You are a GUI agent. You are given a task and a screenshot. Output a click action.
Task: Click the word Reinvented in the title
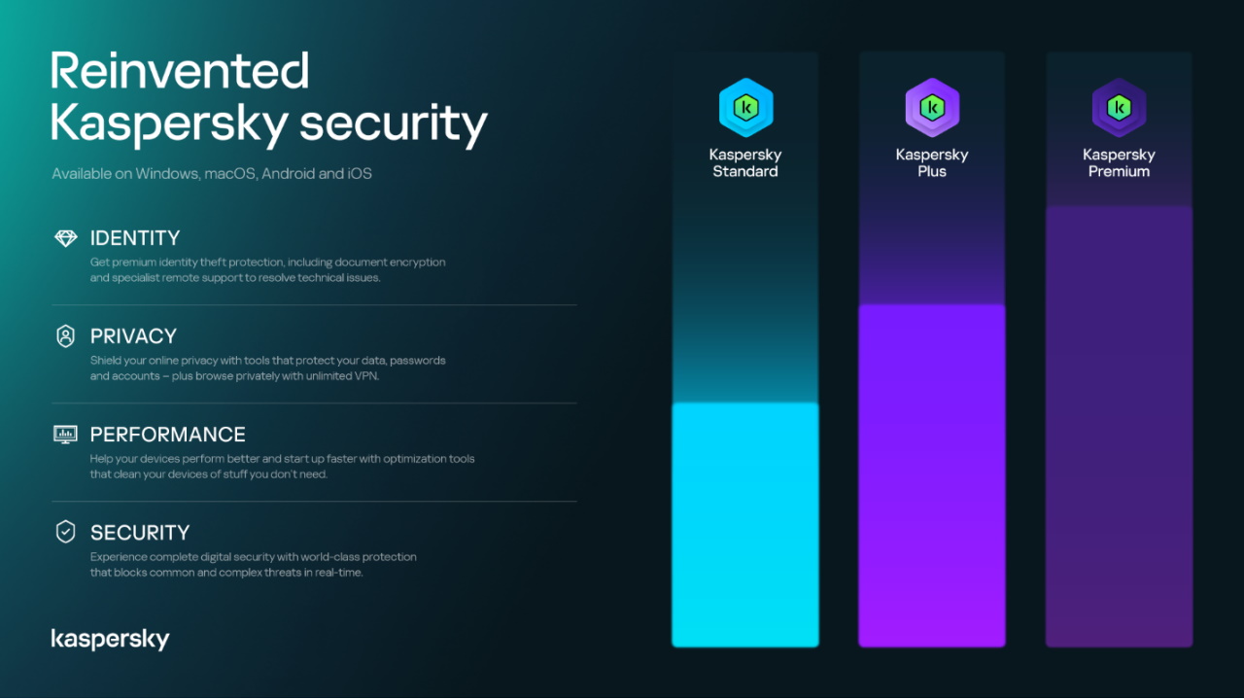click(180, 72)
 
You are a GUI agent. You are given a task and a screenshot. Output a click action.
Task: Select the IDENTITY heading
click(135, 238)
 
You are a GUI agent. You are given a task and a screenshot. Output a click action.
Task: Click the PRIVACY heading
click(133, 336)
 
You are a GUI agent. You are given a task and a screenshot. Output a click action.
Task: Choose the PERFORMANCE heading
click(167, 435)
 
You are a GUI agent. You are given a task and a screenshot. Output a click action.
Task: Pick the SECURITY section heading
click(140, 533)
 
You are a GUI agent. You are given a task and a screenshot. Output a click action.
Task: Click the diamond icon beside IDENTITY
click(65, 238)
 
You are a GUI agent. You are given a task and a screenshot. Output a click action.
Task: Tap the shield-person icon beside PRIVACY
click(65, 336)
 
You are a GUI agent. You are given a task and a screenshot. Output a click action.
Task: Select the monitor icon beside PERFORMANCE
click(65, 435)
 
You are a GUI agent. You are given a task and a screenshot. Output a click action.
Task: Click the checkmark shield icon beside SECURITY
click(65, 532)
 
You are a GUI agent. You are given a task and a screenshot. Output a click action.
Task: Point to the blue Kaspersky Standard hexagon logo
click(745, 107)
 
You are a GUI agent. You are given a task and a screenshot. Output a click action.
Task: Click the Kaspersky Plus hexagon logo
click(932, 107)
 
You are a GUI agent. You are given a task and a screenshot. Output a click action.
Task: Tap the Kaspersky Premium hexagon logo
click(1119, 107)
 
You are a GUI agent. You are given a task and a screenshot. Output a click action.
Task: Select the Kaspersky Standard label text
click(745, 163)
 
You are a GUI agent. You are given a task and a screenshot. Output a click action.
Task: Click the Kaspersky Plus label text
click(932, 163)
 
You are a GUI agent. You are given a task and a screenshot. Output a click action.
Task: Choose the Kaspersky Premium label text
click(1119, 163)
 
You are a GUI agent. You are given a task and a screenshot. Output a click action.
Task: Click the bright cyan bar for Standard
click(745, 525)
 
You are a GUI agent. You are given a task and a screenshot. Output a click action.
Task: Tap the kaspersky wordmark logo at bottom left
click(110, 639)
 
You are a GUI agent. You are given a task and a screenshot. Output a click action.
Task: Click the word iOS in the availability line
click(360, 174)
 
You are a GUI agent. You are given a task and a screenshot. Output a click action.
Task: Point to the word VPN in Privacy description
click(365, 376)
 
